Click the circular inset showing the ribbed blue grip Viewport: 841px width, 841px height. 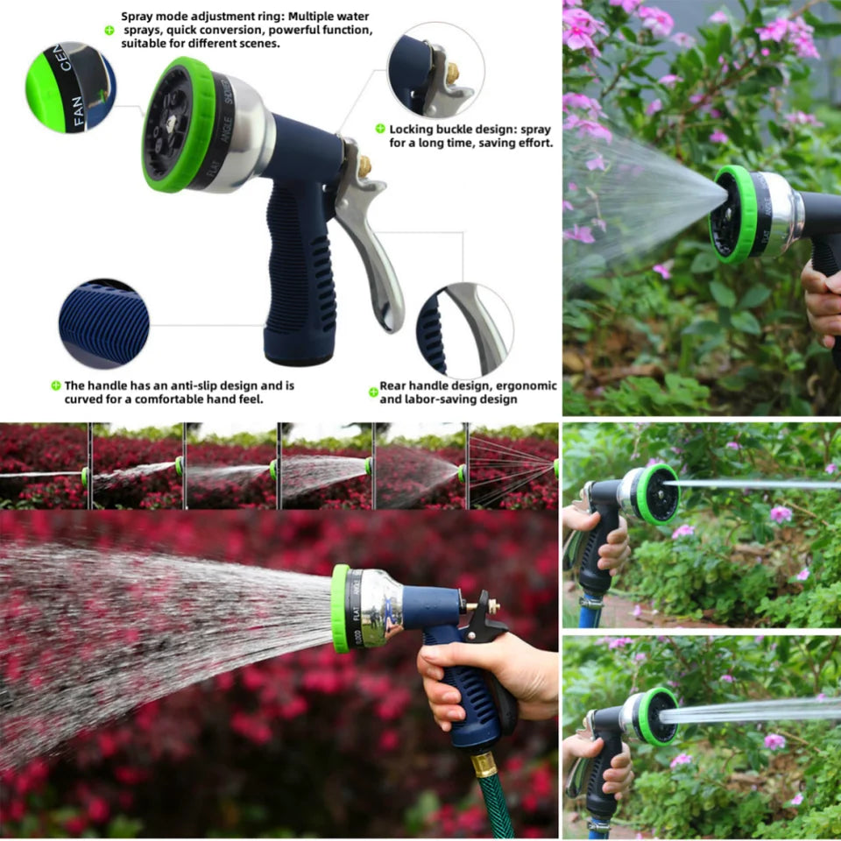pyautogui.click(x=103, y=324)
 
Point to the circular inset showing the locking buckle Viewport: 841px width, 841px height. pyautogui.click(x=435, y=71)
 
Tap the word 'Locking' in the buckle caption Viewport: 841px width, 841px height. pyautogui.click(x=413, y=129)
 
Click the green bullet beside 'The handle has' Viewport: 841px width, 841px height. pyautogui.click(x=55, y=385)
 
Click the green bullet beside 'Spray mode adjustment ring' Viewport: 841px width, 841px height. pyautogui.click(x=110, y=30)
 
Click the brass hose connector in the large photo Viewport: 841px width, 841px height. pyautogui.click(x=484, y=765)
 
